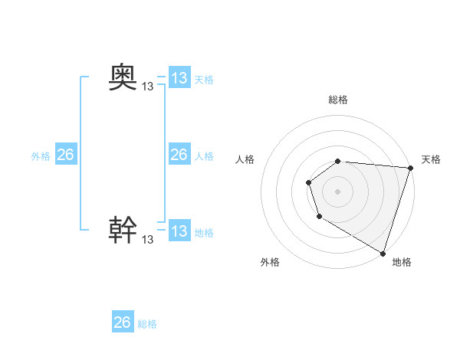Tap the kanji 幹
(x=123, y=229)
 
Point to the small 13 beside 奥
(x=148, y=87)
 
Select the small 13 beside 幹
(x=148, y=240)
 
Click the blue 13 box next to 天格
(x=179, y=78)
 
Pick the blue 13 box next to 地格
(x=179, y=231)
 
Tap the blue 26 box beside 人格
(x=179, y=155)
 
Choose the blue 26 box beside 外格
(x=65, y=155)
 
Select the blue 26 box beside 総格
(x=123, y=322)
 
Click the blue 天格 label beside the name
(x=204, y=80)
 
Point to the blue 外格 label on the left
(x=41, y=156)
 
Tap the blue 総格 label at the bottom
(x=147, y=324)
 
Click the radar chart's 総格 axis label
(x=338, y=100)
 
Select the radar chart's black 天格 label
(x=431, y=159)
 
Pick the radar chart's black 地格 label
(x=402, y=262)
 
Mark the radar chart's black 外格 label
(x=270, y=262)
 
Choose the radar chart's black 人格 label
(x=245, y=159)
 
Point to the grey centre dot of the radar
(x=338, y=191)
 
